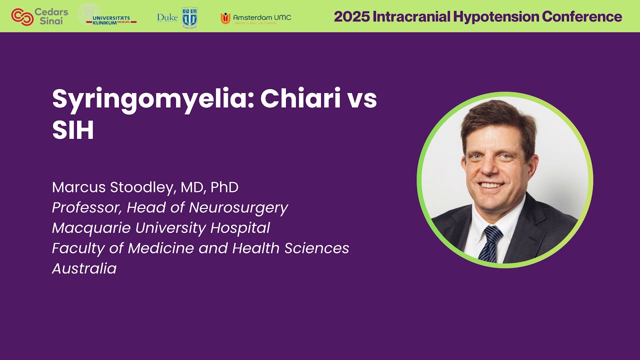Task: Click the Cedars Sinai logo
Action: coord(39,16)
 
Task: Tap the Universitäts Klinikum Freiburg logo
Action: coord(107,16)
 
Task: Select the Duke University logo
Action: coord(177,17)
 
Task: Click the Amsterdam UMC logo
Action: coord(256,18)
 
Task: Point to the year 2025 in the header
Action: coord(350,16)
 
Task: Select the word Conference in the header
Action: coord(582,16)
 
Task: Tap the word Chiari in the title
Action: coord(302,99)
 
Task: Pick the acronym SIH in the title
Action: coord(73,130)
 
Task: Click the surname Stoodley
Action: coord(148,187)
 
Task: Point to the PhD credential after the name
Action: coord(224,187)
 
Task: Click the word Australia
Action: coord(84,268)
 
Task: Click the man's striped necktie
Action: coord(489,242)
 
